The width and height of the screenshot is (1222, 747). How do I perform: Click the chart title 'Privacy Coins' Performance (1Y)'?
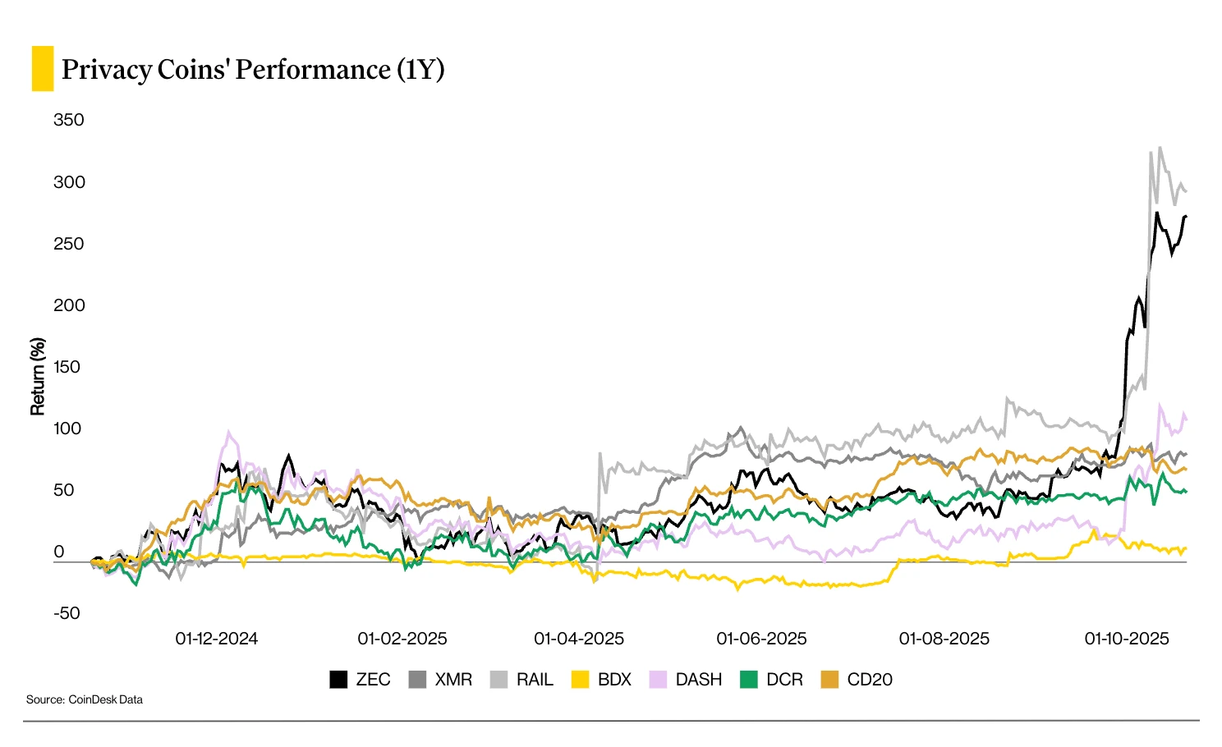pyautogui.click(x=253, y=70)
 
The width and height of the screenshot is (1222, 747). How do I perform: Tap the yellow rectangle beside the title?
pyautogui.click(x=42, y=68)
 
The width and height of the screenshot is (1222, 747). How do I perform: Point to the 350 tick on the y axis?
pyautogui.click(x=69, y=120)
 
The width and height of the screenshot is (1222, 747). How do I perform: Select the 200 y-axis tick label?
pyautogui.click(x=69, y=305)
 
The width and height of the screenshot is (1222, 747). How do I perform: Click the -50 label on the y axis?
pyautogui.click(x=67, y=613)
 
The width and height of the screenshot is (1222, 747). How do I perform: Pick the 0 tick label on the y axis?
pyautogui.click(x=59, y=552)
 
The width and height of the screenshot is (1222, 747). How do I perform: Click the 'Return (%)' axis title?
pyautogui.click(x=38, y=376)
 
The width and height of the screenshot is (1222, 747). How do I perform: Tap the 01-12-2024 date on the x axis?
pyautogui.click(x=216, y=639)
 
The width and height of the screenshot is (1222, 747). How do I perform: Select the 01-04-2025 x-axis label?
pyautogui.click(x=579, y=639)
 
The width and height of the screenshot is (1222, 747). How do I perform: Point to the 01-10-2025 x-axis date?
pyautogui.click(x=1127, y=639)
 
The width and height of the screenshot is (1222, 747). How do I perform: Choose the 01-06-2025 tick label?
pyautogui.click(x=761, y=639)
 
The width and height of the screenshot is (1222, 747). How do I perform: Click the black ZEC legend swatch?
pyautogui.click(x=338, y=680)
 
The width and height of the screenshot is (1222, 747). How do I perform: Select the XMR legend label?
pyautogui.click(x=453, y=680)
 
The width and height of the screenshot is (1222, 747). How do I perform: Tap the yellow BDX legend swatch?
pyautogui.click(x=581, y=680)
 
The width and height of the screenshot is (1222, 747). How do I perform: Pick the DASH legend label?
pyautogui.click(x=698, y=680)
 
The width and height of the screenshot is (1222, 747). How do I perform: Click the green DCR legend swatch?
pyautogui.click(x=749, y=680)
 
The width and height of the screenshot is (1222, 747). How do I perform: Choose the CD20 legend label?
pyautogui.click(x=870, y=680)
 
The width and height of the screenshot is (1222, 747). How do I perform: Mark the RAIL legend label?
pyautogui.click(x=535, y=680)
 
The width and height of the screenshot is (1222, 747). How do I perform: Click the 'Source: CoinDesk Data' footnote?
pyautogui.click(x=85, y=699)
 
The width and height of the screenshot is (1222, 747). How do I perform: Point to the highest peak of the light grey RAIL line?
pyautogui.click(x=1160, y=149)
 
